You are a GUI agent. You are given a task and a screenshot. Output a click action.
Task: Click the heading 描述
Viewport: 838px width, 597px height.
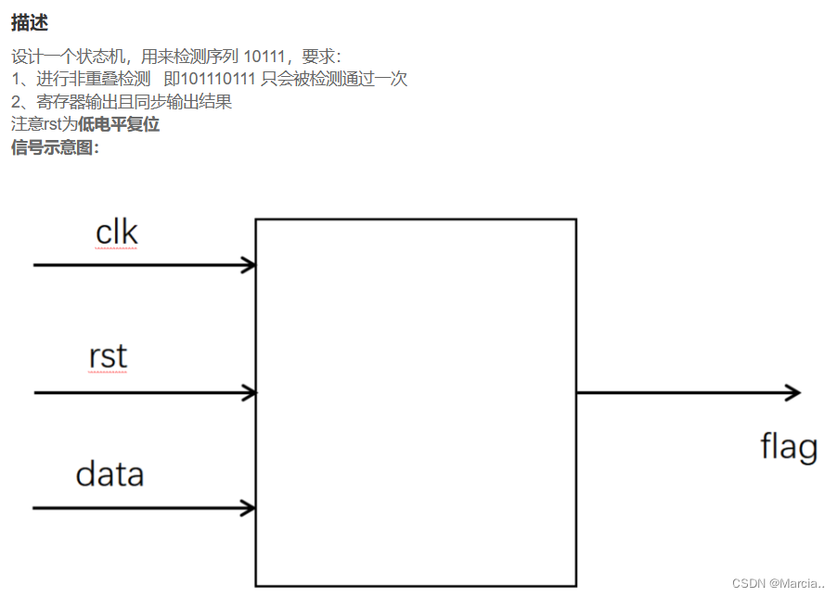(30, 22)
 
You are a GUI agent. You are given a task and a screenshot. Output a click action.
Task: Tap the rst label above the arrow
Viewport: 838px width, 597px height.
(108, 356)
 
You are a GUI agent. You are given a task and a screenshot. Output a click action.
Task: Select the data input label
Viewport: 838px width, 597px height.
(110, 474)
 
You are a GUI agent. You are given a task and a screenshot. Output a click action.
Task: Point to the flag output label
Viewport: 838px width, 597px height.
(789, 447)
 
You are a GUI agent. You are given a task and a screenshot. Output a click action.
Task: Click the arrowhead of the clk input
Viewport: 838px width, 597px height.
(249, 265)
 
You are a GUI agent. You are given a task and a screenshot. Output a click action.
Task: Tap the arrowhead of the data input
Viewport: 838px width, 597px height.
(249, 508)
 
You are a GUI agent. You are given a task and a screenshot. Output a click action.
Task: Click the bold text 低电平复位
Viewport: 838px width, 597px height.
(119, 124)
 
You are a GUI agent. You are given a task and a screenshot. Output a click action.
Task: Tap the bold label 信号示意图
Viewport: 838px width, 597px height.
(53, 147)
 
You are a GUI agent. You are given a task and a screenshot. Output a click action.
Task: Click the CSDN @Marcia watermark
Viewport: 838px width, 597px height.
(778, 583)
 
